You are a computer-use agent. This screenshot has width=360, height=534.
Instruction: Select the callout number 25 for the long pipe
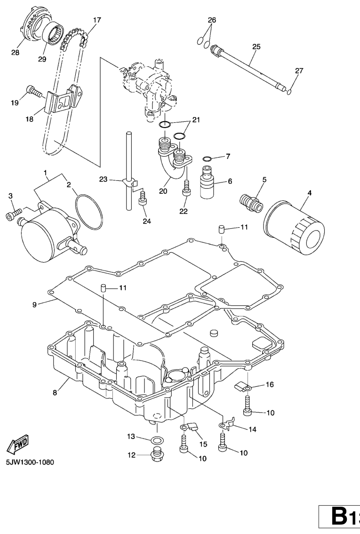pos(256,47)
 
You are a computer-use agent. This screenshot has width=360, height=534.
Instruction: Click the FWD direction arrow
pos(18,444)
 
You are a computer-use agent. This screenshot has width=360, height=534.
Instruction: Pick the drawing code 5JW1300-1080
pos(30,462)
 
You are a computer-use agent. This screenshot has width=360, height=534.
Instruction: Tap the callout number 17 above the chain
pos(97,20)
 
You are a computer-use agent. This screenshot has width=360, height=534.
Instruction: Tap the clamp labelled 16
pos(241,386)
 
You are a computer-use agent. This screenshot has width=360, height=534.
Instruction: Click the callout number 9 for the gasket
pos(34,304)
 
